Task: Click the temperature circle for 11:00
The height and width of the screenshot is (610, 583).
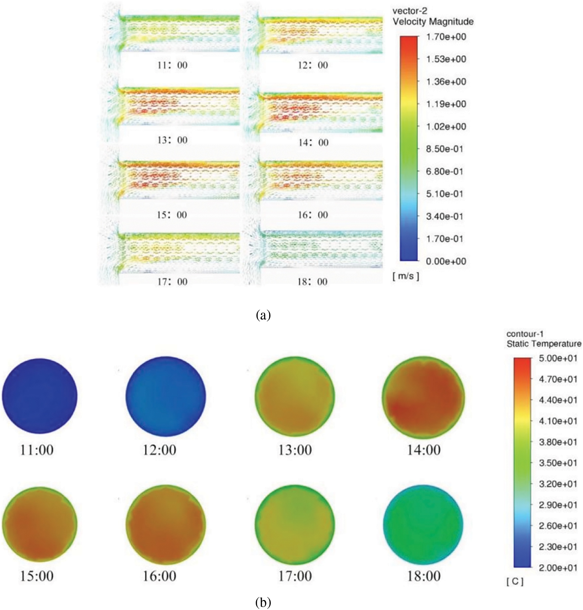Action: [x=40, y=396]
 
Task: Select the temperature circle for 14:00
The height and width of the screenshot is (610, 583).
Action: [x=424, y=397]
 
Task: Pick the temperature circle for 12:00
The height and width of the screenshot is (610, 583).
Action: [x=165, y=396]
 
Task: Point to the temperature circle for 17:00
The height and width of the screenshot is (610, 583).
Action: [x=295, y=524]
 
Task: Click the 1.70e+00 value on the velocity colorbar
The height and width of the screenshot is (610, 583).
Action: [x=446, y=37]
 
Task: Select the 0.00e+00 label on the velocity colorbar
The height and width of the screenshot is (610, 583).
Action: [x=446, y=261]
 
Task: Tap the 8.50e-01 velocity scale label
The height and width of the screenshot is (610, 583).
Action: [x=444, y=149]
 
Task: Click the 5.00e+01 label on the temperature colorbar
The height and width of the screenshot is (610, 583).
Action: [x=558, y=358]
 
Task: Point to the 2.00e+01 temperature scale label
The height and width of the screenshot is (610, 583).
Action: [x=558, y=568]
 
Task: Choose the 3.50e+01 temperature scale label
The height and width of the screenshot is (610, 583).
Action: [x=558, y=463]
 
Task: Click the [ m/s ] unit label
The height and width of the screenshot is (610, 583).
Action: [x=406, y=276]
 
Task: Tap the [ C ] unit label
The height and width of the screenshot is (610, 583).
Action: [x=515, y=581]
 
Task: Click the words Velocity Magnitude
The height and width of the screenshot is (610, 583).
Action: [x=433, y=22]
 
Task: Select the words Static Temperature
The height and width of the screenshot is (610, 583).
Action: [x=544, y=344]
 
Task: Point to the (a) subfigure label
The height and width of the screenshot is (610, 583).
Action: [x=263, y=315]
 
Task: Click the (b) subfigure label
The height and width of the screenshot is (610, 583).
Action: [x=263, y=602]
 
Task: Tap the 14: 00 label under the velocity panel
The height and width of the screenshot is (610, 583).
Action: [x=313, y=143]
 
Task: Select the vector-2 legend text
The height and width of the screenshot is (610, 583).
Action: [x=410, y=11]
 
